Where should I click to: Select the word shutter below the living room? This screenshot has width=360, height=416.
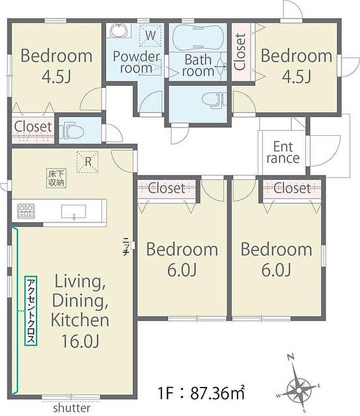(x=72, y=408)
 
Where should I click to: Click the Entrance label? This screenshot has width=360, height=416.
(x=283, y=151)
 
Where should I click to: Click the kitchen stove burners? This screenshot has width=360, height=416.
(x=26, y=211)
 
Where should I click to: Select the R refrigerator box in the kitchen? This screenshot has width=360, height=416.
(x=88, y=162)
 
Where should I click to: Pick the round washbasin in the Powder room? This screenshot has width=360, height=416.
(x=119, y=31)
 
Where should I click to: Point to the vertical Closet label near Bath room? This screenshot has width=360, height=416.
(x=240, y=51)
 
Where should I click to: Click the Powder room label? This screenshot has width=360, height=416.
(x=136, y=62)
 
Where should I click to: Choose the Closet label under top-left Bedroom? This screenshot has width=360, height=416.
(x=33, y=126)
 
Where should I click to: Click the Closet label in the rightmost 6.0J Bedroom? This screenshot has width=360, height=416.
(x=292, y=188)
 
